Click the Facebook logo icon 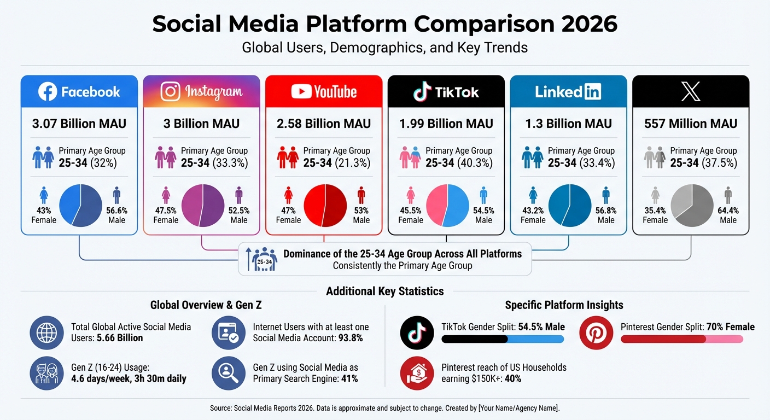tap(48, 91)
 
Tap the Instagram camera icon tap(171, 91)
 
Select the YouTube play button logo tap(301, 91)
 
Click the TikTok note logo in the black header tap(421, 92)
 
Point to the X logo tap(691, 91)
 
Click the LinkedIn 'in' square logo tap(593, 92)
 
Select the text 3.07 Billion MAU tap(79, 124)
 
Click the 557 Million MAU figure tap(691, 124)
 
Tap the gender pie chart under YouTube tap(325, 206)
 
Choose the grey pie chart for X tap(692, 206)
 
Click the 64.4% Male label tap(728, 215)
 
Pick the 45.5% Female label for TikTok tap(411, 215)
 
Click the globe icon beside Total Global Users tap(46, 332)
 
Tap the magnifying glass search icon tap(228, 373)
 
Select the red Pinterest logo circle tap(596, 332)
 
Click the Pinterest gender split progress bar tap(682, 340)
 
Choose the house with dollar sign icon tap(417, 373)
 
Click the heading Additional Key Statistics tap(385, 291)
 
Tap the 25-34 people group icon tap(264, 259)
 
